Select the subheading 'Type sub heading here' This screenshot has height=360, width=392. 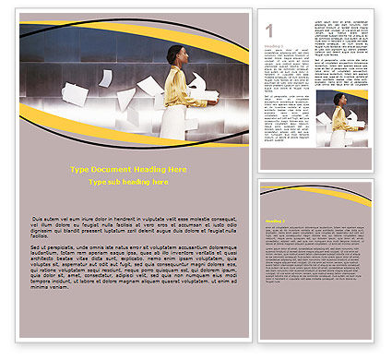(x=128, y=183)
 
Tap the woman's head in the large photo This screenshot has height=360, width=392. (x=175, y=54)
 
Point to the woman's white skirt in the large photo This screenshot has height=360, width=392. (x=172, y=124)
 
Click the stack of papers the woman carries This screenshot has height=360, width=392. (x=207, y=94)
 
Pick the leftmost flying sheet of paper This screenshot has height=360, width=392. (x=74, y=93)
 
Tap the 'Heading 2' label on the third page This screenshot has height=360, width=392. (x=274, y=222)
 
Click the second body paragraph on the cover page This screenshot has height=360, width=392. (x=132, y=268)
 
